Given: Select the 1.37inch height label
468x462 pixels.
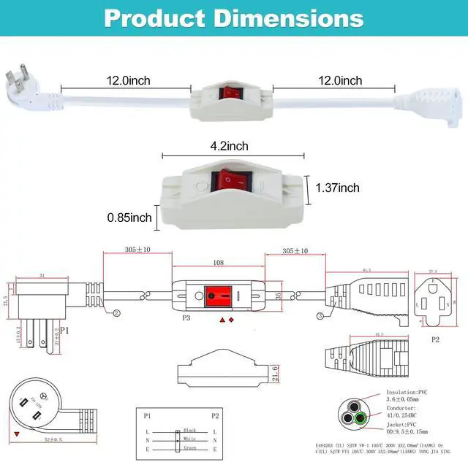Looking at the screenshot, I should (337, 188).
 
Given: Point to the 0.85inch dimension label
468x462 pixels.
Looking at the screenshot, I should (129, 217).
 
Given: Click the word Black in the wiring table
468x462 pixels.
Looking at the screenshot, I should (190, 431).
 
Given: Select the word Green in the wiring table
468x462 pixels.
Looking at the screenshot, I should (190, 447).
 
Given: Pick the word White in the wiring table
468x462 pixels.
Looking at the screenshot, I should (190, 439).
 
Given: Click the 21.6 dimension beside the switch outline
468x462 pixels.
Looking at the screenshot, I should (274, 374).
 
